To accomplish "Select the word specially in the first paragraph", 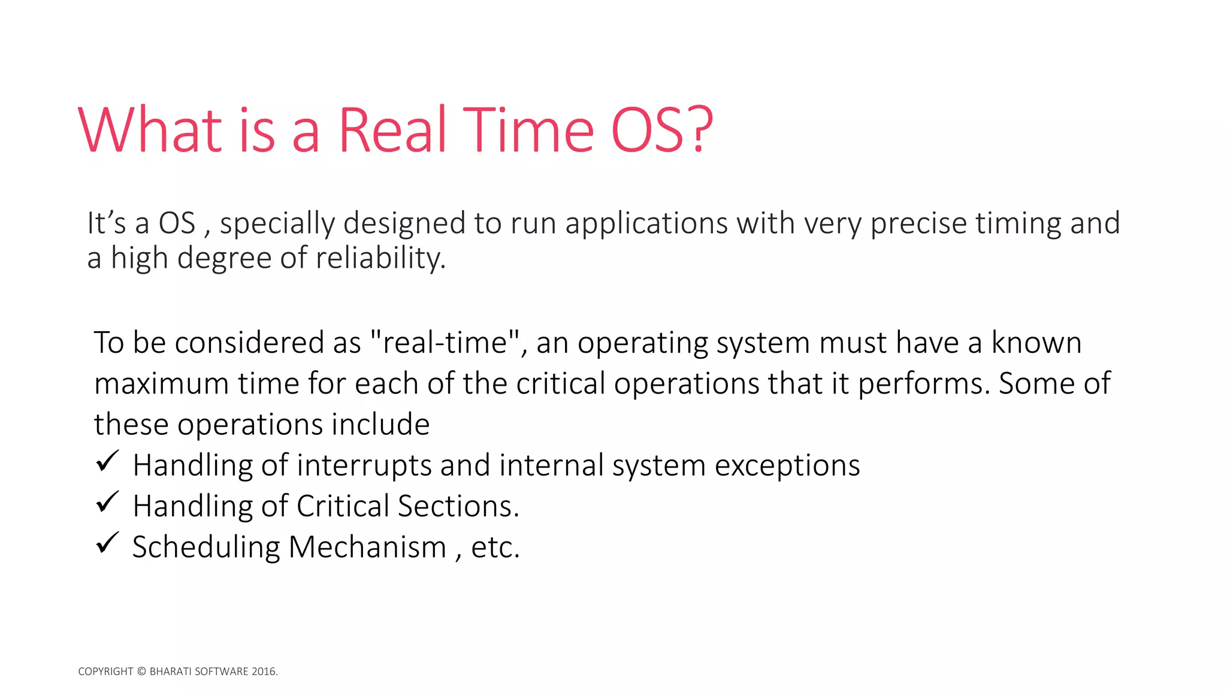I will click(277, 224).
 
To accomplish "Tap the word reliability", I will click(380, 259).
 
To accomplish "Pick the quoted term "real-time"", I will click(445, 343).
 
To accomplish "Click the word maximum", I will click(162, 383).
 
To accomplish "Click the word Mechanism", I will click(367, 547).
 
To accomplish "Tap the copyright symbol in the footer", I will click(141, 671).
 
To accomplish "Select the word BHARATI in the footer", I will click(170, 671).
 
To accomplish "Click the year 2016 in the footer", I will click(264, 671).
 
